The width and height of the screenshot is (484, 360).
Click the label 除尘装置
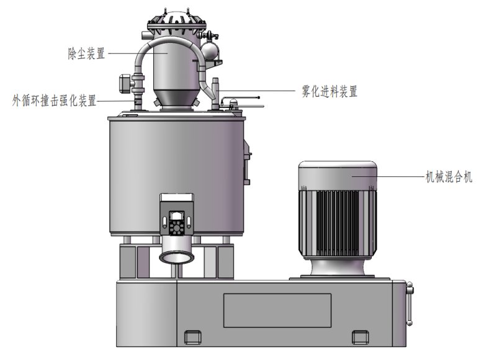click(x=86, y=53)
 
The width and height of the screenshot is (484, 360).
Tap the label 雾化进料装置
click(x=329, y=91)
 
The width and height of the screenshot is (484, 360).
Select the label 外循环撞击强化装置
click(x=55, y=101)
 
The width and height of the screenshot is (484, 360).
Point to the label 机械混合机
click(x=449, y=177)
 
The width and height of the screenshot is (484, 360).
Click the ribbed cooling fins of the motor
click(x=338, y=222)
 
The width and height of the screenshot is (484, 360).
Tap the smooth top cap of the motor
click(x=338, y=175)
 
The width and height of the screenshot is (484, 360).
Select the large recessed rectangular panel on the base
click(x=277, y=310)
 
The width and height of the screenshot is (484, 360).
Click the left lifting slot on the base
click(x=192, y=337)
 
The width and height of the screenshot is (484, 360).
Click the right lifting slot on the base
click(x=361, y=337)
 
